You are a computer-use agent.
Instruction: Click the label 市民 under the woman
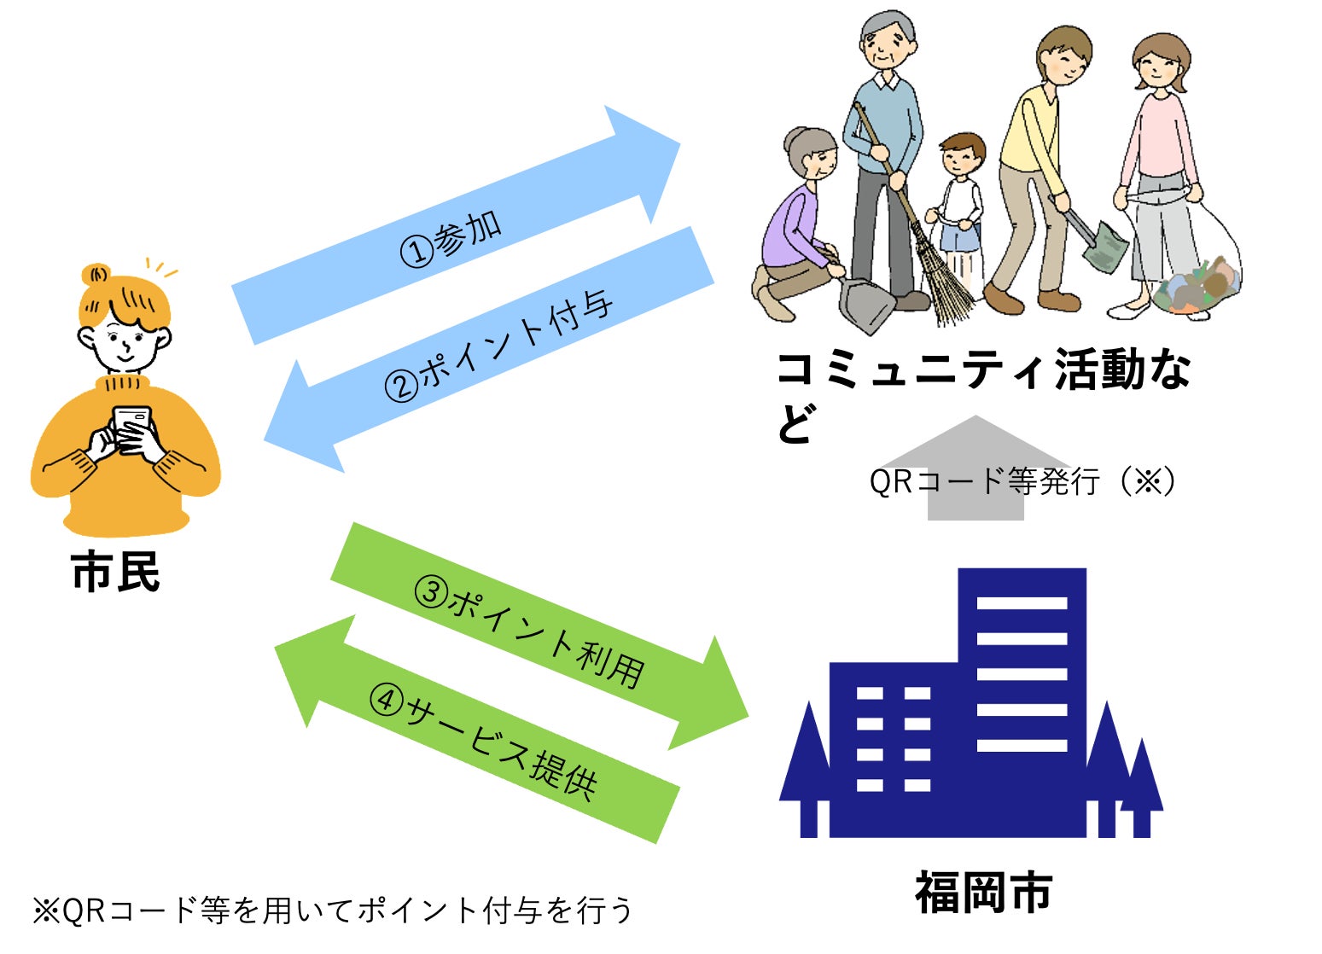pos(116,572)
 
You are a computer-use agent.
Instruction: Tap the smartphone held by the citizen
pos(131,426)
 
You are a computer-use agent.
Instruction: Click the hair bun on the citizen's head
pos(96,275)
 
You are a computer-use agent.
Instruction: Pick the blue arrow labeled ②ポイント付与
pos(495,350)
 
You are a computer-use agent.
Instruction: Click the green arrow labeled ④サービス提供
pos(478,734)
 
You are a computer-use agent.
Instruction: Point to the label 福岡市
pos(983,893)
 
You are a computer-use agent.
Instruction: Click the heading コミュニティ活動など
pos(981,372)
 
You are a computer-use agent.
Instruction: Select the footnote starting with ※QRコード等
pos(333,910)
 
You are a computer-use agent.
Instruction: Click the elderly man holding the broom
pos(883,154)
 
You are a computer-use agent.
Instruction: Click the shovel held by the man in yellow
pos(1101,243)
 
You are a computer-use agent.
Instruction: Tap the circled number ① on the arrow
pos(417,251)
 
